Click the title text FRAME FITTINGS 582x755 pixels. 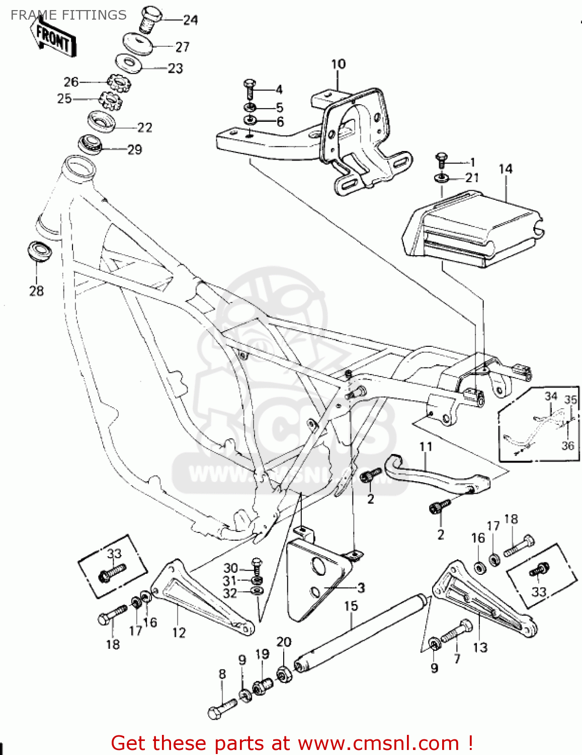68,15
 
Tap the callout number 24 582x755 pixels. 190,20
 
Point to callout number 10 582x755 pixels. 338,64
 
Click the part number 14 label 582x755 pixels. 505,169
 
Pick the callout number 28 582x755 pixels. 36,290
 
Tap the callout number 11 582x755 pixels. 426,446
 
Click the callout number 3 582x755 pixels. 361,587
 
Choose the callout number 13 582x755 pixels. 480,647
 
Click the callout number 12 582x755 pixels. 179,632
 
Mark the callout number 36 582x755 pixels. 567,445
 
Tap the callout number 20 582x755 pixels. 284,642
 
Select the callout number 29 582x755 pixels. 134,149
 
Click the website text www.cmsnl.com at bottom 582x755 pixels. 378,743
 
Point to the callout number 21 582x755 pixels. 472,178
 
